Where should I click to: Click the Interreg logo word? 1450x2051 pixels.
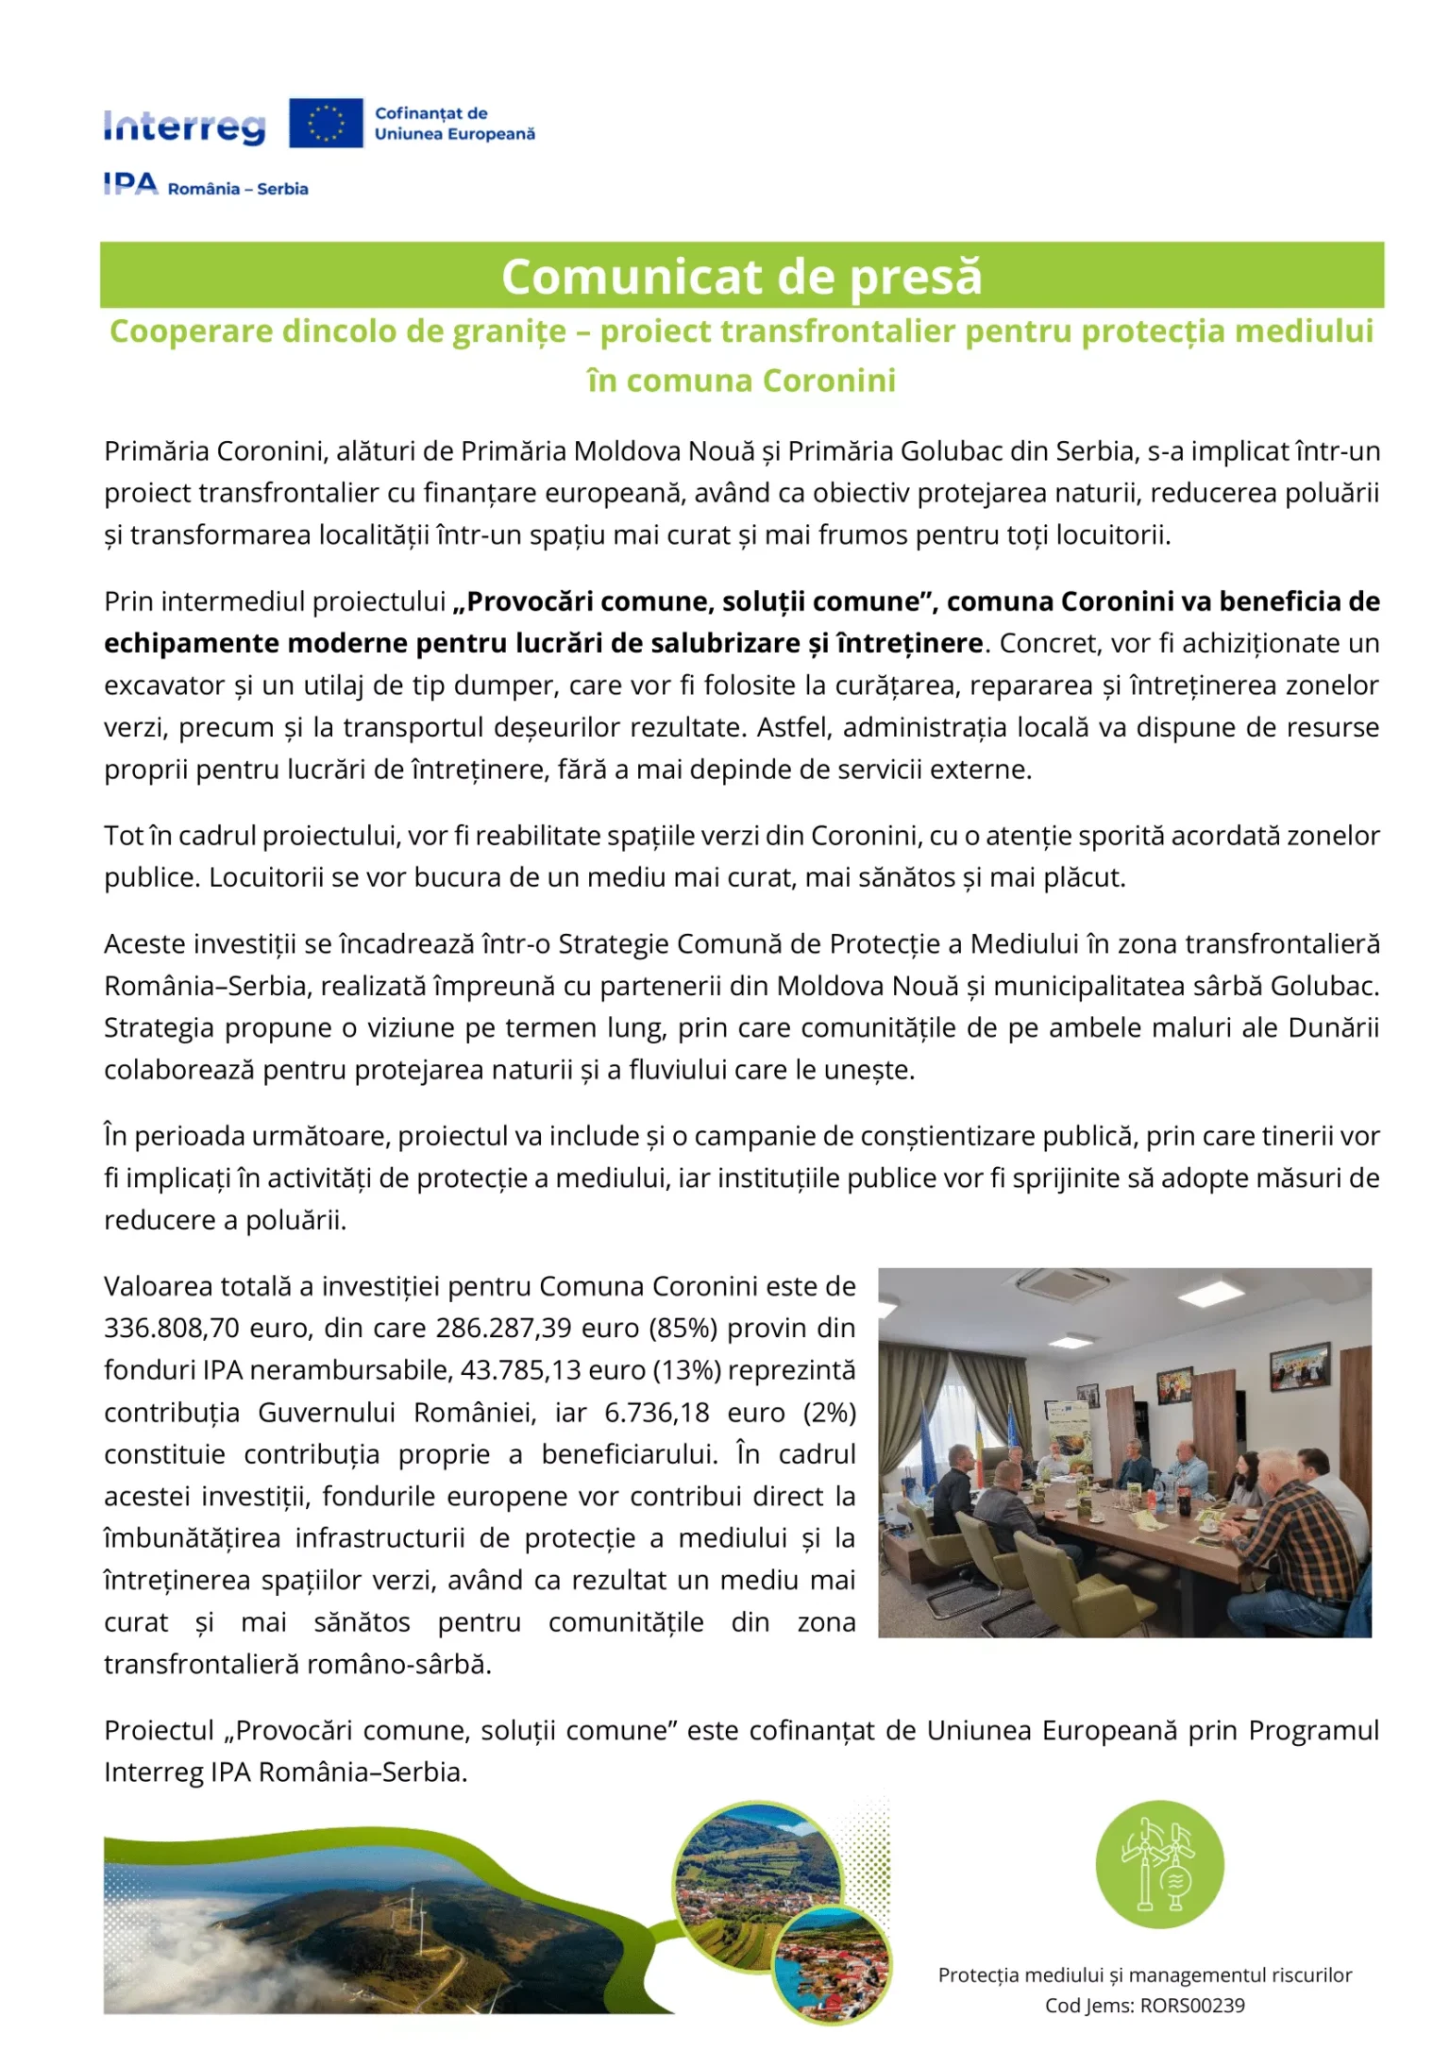coord(184,127)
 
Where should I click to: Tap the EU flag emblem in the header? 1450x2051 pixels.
coord(326,124)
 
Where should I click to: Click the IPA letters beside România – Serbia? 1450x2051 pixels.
coord(130,184)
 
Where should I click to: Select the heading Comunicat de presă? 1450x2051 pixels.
coord(741,277)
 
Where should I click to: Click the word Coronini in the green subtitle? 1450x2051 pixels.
coord(829,381)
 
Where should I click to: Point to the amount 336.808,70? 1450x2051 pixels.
coord(171,1329)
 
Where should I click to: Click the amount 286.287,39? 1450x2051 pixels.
coord(503,1329)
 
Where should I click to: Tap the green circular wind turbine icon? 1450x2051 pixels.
coord(1159,1865)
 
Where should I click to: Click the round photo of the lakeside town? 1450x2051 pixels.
coord(832,1963)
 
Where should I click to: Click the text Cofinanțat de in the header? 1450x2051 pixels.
coord(430,113)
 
